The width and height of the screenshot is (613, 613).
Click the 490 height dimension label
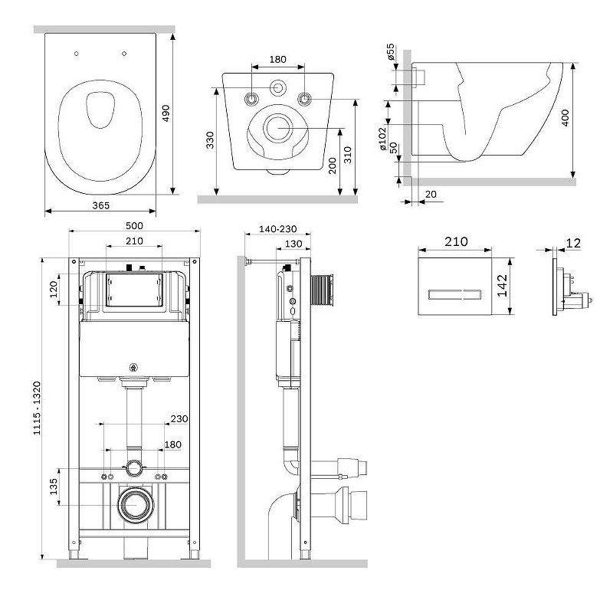[166, 113]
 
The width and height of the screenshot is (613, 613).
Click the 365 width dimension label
[101, 205]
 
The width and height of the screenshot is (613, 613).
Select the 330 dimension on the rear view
[210, 140]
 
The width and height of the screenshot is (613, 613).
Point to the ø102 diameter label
[382, 139]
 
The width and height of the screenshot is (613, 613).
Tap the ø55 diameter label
[390, 51]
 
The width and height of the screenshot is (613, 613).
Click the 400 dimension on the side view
[565, 118]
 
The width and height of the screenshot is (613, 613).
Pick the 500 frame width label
[134, 225]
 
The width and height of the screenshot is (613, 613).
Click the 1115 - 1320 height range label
[37, 408]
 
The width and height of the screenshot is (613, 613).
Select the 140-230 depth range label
[278, 228]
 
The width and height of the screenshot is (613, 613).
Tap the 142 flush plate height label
[502, 285]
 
